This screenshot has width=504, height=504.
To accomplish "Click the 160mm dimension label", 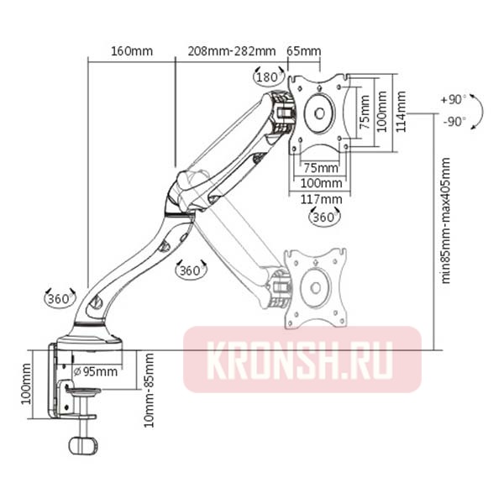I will click(x=132, y=50).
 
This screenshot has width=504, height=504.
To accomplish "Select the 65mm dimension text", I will click(x=304, y=50).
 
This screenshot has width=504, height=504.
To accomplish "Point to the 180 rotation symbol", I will click(x=266, y=76).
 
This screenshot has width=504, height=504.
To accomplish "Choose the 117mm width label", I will click(x=321, y=198).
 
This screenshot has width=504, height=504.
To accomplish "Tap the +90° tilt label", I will click(x=453, y=99).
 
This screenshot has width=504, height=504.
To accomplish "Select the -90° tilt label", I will click(x=453, y=121).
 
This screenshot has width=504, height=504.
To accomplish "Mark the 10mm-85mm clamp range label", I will click(x=150, y=389).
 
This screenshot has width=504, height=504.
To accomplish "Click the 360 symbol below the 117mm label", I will click(x=324, y=217).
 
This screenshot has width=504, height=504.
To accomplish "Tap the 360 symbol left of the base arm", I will click(x=59, y=298).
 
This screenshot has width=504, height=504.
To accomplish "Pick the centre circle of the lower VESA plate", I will click(x=315, y=285).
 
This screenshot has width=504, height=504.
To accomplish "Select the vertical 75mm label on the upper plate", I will click(x=364, y=108).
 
